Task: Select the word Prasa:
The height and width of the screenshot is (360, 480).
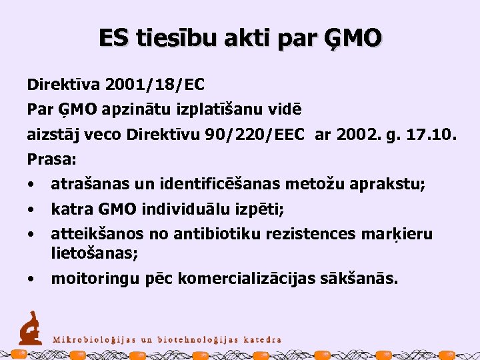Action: coord(52,161)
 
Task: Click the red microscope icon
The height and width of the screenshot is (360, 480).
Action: coord(30,328)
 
